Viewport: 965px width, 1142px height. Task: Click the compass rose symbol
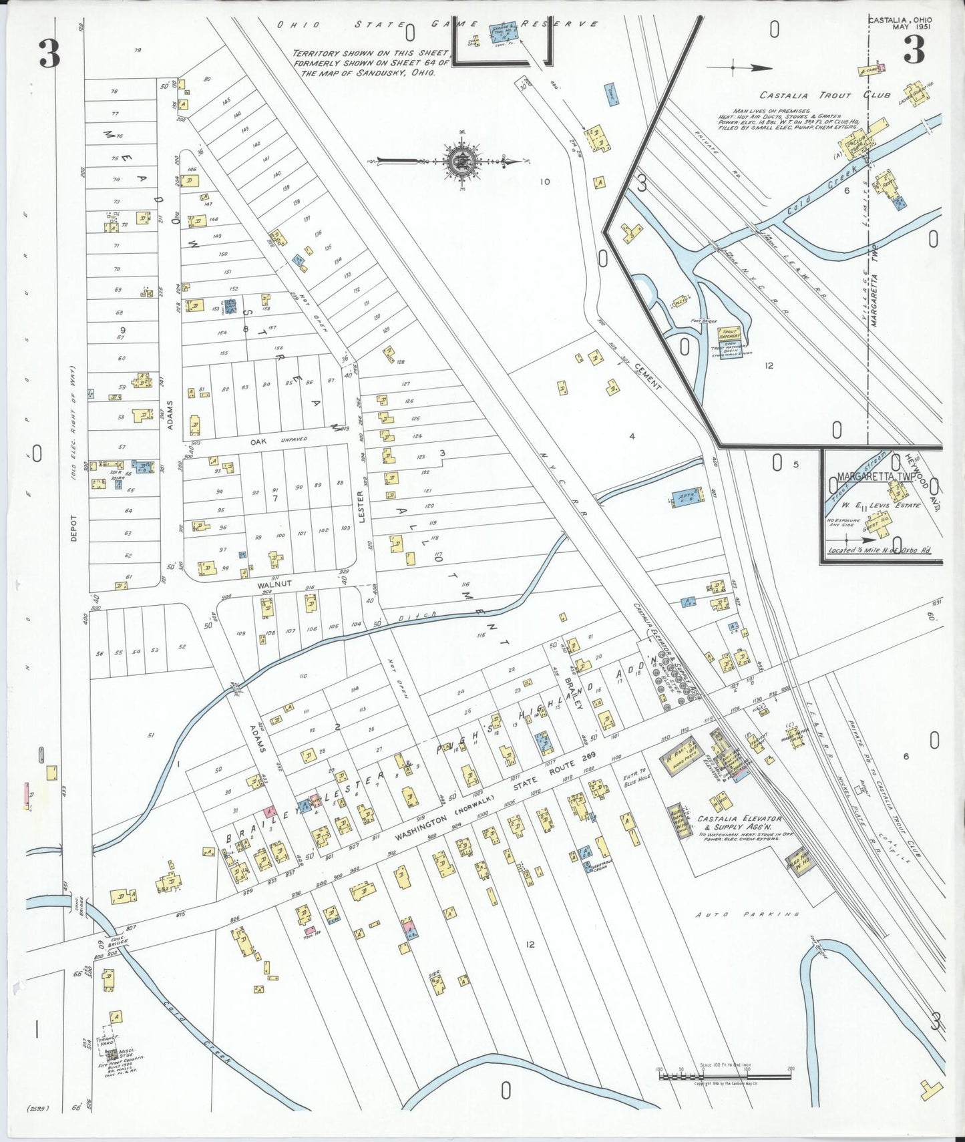(x=459, y=161)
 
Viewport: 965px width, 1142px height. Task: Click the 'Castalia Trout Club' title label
(x=824, y=96)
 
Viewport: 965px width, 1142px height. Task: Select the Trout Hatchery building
(x=729, y=334)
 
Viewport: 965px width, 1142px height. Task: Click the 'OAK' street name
(x=258, y=441)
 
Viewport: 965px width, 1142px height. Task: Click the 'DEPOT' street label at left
(x=73, y=528)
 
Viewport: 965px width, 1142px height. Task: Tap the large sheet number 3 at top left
(x=49, y=53)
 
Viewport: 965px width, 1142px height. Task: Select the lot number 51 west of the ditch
(x=151, y=735)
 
